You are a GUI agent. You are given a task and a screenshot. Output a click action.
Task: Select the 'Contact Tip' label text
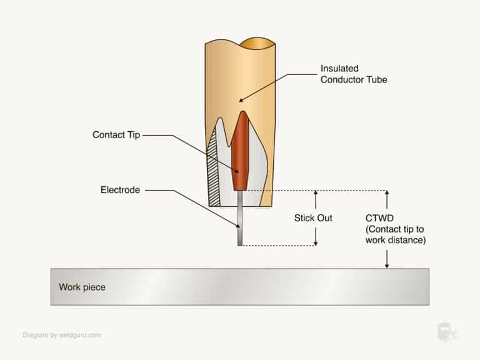coord(116,135)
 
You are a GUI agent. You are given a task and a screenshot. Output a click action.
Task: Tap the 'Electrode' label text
coord(119,189)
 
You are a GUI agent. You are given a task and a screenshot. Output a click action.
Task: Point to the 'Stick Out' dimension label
coord(313,218)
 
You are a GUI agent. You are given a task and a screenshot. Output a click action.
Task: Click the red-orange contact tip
coord(239,156)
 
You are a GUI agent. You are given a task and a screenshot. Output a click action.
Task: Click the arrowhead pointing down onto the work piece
coord(387,265)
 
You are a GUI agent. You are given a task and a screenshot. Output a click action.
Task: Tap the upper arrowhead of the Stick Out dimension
coord(316,194)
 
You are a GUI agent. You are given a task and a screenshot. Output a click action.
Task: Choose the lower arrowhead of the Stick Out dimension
coord(316,242)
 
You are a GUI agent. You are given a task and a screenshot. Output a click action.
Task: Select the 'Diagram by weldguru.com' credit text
coord(61,334)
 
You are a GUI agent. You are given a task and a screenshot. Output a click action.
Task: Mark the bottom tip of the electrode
coord(239,244)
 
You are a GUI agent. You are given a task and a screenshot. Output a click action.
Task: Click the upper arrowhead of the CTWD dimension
coord(387,194)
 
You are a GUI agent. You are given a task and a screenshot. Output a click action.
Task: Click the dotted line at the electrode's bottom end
coord(278,246)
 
